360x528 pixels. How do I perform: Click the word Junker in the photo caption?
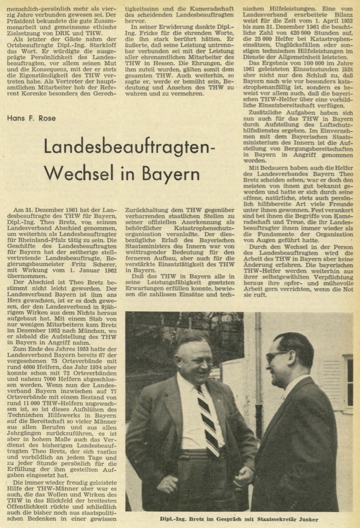[x=305, y=520]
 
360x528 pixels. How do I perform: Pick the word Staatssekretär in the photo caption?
[x=268, y=520]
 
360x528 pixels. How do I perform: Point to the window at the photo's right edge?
[x=349, y=382]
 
